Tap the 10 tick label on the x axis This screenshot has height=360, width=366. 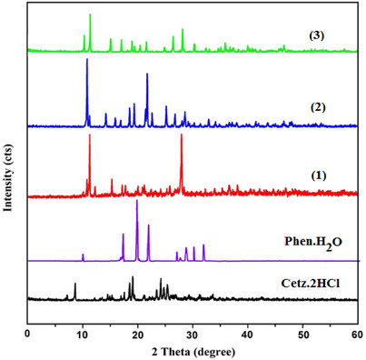coord(83,334)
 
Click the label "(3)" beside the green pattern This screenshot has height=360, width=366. coord(317,35)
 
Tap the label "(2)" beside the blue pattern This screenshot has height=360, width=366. coord(318,107)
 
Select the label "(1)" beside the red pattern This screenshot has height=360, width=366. coord(318,174)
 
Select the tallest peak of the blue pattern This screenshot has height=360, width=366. coord(87,61)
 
